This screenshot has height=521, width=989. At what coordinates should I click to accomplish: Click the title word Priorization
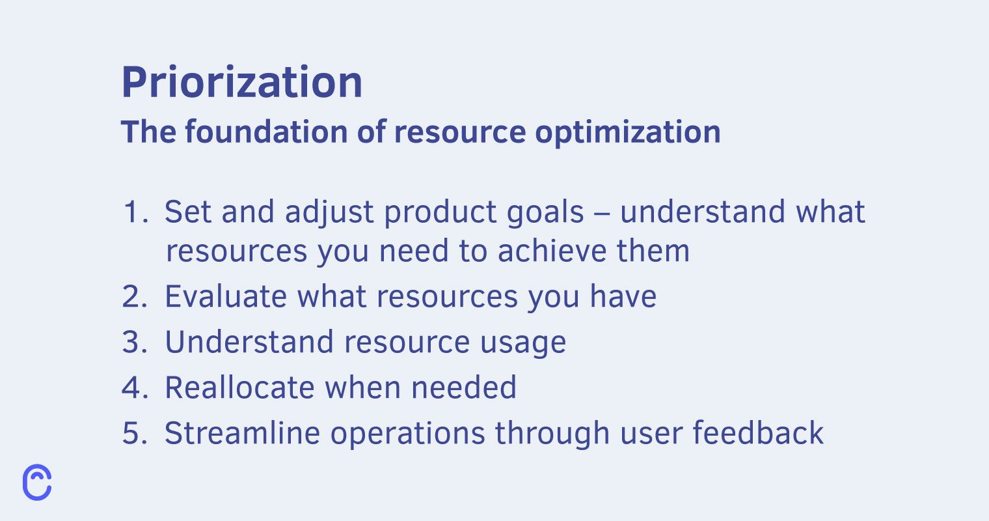pos(242,83)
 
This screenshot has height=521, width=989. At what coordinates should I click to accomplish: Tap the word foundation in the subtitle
pos(266,132)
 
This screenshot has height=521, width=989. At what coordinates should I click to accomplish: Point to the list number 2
pos(135,296)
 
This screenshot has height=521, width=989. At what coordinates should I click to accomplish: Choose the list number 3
pos(135,342)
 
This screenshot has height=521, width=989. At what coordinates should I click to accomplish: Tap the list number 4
pos(135,387)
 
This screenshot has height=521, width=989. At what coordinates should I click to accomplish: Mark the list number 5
pos(135,433)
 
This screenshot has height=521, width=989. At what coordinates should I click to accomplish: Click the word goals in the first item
pos(545,214)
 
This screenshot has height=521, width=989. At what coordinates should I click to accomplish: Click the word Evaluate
pos(226,296)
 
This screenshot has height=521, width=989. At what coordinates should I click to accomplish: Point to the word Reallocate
pos(239,387)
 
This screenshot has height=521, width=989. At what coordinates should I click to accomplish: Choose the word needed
pos(463,387)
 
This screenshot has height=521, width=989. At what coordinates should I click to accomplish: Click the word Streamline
pos(242,432)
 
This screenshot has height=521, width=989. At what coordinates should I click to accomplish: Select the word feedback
pos(757,432)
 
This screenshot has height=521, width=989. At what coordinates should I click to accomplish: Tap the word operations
pos(407,435)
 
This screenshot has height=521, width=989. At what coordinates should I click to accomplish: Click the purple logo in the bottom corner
pos(37,482)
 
